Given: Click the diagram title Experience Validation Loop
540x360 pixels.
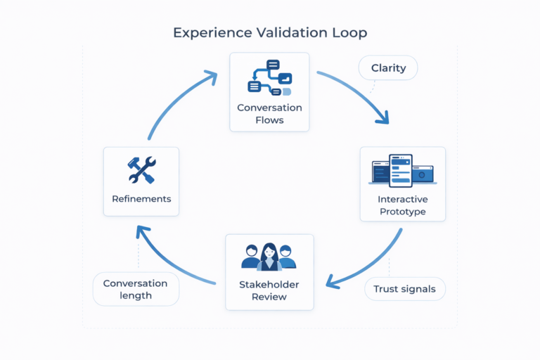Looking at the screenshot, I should tap(270, 33).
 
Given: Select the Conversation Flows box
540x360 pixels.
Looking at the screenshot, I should tap(270, 91).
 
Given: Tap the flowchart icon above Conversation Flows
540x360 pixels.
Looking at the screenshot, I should tap(270, 77).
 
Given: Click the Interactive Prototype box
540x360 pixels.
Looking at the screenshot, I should tap(402, 184).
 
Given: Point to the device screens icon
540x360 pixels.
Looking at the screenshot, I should tap(402, 171).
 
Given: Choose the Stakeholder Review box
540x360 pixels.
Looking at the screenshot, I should tap(269, 272).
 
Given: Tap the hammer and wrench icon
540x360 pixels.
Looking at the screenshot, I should tap(141, 169).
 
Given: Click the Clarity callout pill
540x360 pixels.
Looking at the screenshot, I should tap(388, 68).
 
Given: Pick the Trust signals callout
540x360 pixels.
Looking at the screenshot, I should tap(404, 289).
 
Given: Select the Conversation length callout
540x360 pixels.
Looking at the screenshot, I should tap(136, 289).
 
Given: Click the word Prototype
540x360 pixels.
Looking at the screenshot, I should tap(402, 212).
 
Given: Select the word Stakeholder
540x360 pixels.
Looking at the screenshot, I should tap(269, 284).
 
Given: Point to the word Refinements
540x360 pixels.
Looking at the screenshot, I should tap(141, 199).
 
